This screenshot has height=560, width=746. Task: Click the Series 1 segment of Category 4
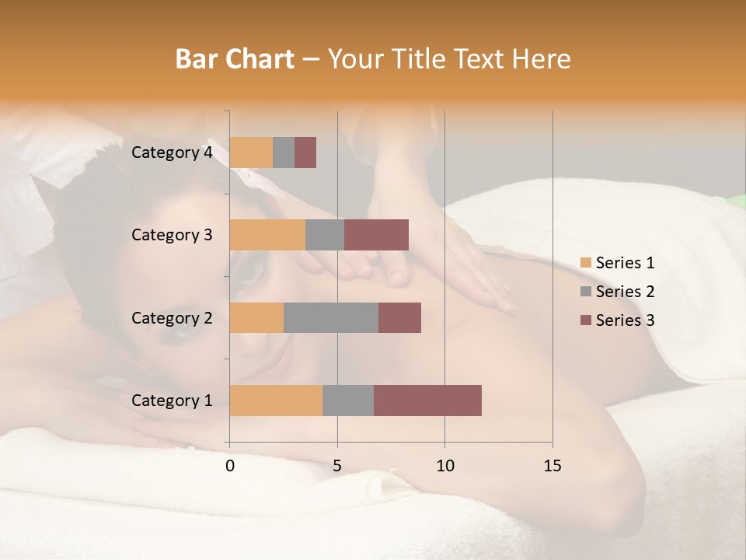251,152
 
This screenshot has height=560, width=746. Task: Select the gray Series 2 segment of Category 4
284,152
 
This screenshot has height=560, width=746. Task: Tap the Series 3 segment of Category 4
305,152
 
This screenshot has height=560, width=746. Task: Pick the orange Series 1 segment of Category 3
267,235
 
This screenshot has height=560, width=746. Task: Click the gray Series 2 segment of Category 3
325,235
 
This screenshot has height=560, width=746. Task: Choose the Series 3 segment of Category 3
376,235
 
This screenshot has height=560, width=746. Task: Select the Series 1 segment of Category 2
256,317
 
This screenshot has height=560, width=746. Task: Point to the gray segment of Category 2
331,317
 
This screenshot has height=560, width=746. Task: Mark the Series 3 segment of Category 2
399,317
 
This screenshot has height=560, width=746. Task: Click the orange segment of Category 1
276,401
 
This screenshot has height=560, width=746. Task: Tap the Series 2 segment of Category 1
348,401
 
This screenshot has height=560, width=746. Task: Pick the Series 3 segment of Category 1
427,401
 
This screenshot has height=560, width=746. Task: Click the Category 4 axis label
172,152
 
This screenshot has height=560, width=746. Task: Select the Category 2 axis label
172,318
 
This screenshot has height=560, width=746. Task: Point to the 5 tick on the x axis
337,466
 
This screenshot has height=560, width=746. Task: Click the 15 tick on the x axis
552,466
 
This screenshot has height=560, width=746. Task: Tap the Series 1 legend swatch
585,263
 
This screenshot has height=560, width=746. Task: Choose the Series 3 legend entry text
625,320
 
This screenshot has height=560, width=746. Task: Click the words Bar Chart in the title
235,59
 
